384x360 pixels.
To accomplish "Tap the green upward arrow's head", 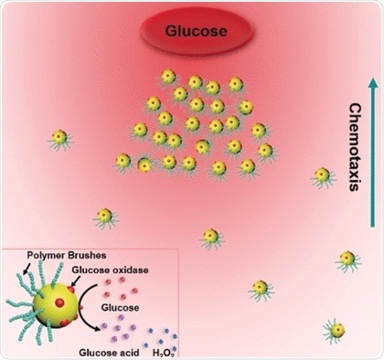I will coord(350,85).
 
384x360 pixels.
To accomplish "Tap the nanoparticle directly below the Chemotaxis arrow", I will coord(322,175).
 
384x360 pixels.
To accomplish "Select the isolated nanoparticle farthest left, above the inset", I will coord(104,217).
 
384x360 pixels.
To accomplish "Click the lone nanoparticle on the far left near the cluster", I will coord(59,137).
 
